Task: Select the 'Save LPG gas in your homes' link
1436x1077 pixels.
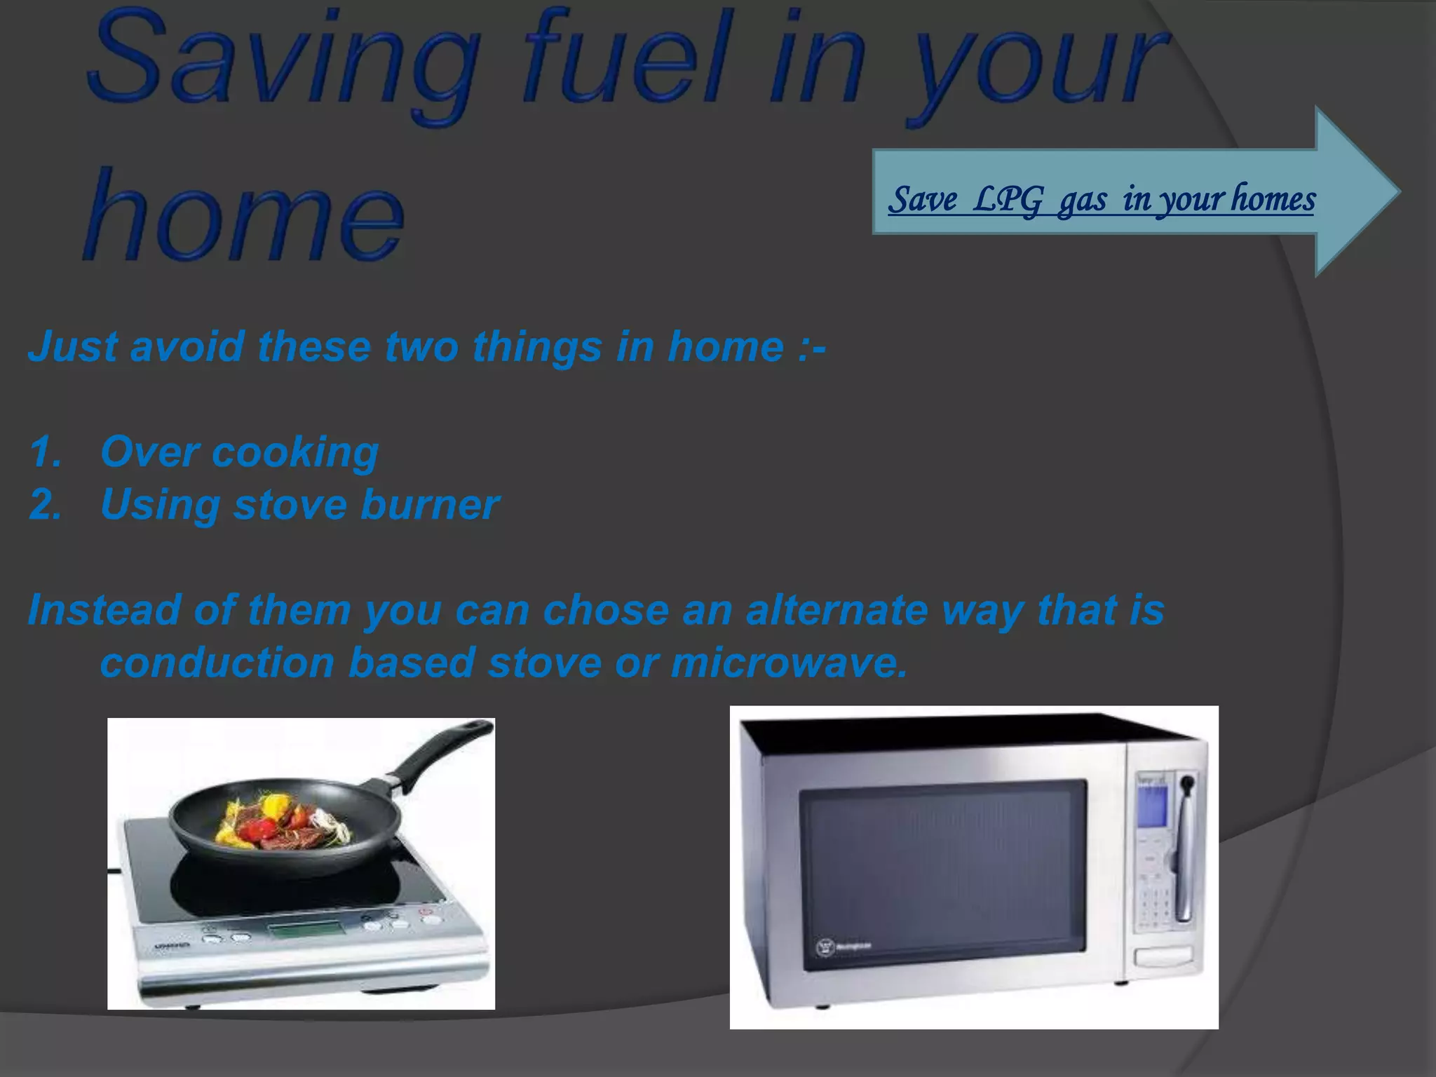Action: [x=1101, y=199]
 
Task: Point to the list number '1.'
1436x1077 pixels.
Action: [x=46, y=452]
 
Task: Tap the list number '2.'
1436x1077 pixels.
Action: [x=46, y=505]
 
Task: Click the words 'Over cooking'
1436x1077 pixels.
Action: [x=239, y=452]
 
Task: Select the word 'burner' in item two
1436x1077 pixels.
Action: [x=429, y=505]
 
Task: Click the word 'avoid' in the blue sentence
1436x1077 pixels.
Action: [x=187, y=346]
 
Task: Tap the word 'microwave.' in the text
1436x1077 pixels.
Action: [x=789, y=663]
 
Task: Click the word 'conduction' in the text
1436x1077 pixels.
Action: [x=217, y=663]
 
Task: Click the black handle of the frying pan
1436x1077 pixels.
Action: [x=442, y=754]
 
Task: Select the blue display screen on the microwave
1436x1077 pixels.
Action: [x=1152, y=806]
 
